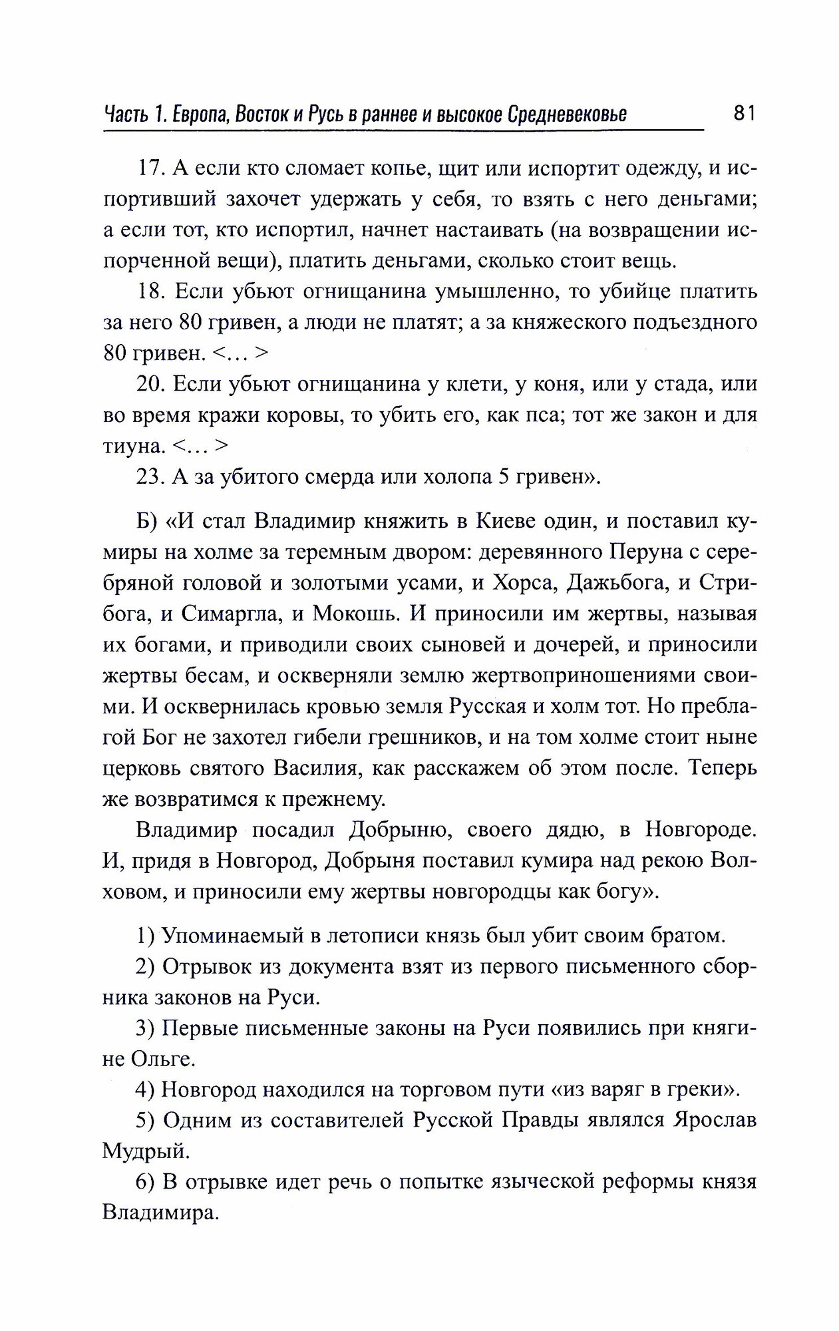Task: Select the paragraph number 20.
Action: coord(150,384)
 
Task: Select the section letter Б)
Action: coord(146,522)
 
